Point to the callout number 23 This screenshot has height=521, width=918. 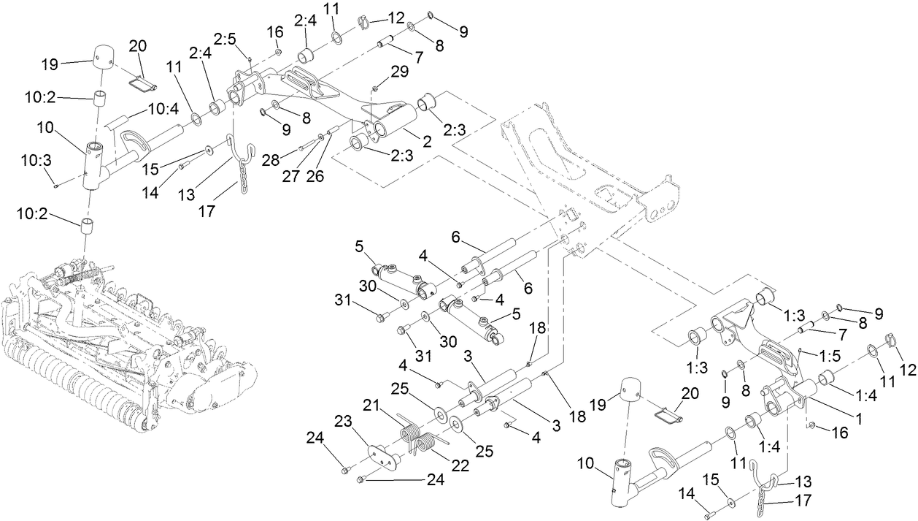(343, 421)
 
